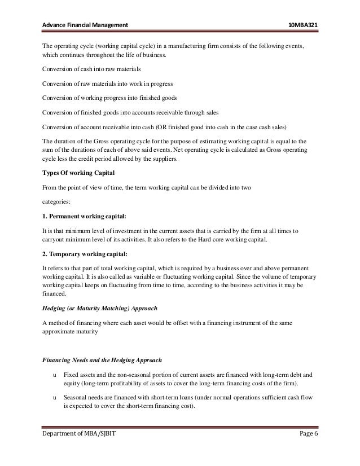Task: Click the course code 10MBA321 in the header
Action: (307, 11)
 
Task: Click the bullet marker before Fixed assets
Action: (54, 373)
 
